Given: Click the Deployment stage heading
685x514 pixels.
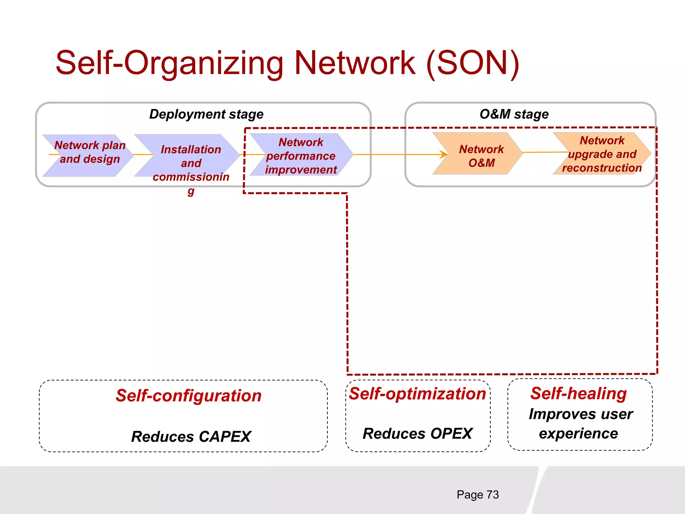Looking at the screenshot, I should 206,114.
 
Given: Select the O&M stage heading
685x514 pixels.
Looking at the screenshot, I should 514,114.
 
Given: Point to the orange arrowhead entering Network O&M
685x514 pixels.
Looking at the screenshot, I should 444,155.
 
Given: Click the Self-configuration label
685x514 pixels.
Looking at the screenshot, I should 188,396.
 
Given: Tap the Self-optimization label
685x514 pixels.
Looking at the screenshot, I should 417,394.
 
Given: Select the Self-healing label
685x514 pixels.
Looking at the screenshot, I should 578,394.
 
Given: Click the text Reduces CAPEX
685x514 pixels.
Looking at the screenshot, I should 191,437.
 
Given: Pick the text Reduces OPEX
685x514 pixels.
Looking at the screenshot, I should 417,434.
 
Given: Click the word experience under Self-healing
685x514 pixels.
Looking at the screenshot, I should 578,434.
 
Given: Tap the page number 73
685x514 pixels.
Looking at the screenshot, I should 492,495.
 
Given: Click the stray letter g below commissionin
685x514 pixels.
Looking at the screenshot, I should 191,191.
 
